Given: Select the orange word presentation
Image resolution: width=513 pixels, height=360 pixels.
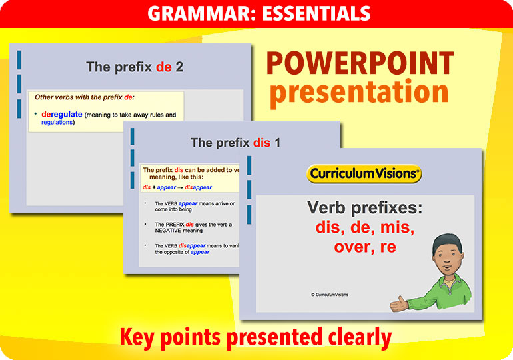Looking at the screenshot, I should pyautogui.click(x=359, y=93).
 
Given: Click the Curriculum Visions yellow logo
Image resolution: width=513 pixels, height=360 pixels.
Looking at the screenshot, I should pyautogui.click(x=364, y=175).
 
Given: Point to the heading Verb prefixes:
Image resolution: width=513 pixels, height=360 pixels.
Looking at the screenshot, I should pyautogui.click(x=364, y=208).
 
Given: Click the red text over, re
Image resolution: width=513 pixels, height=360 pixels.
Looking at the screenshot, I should pyautogui.click(x=364, y=247).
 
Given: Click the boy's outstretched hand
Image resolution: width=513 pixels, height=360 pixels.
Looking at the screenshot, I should pyautogui.click(x=399, y=305).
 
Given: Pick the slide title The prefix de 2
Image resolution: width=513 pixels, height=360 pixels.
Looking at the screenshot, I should pyautogui.click(x=135, y=67).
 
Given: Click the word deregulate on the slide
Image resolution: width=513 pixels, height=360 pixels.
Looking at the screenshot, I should pyautogui.click(x=61, y=114).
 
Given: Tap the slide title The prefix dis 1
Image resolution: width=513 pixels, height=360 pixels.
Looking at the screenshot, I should pyautogui.click(x=235, y=143).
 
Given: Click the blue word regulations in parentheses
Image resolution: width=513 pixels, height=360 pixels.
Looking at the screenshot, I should pyautogui.click(x=57, y=123).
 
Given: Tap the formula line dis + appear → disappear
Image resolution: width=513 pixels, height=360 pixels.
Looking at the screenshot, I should pyautogui.click(x=177, y=187).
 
